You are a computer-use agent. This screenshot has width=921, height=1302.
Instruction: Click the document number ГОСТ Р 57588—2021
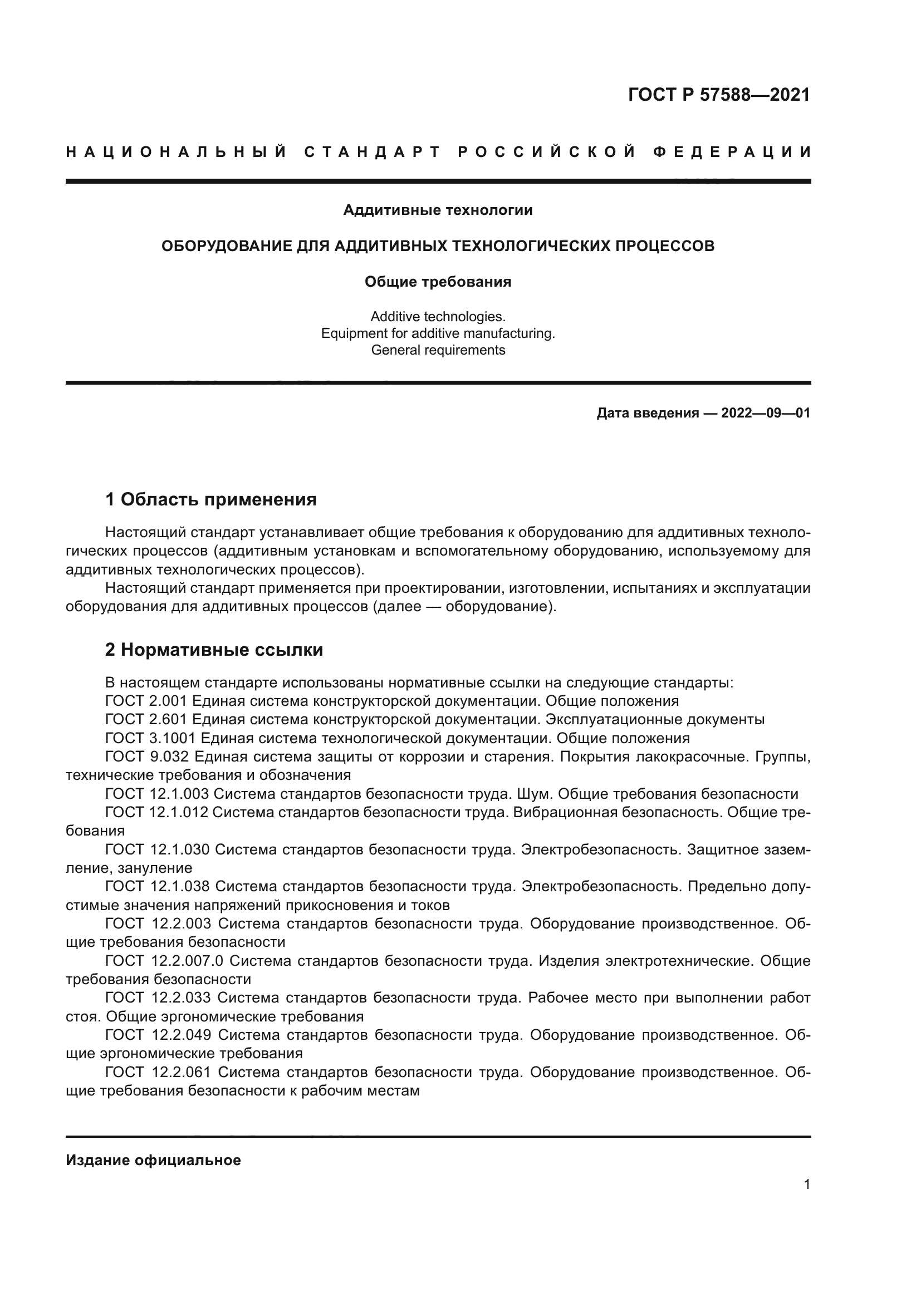718,95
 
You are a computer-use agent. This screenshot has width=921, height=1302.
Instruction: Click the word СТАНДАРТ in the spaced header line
372,152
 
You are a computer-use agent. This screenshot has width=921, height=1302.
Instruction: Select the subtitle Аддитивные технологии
438,210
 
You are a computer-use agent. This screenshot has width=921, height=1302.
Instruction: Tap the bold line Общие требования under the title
438,282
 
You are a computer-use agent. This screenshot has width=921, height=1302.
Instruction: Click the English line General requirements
438,350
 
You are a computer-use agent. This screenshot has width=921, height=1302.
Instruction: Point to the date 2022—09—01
766,413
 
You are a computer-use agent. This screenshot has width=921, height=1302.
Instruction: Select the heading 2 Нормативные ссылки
214,650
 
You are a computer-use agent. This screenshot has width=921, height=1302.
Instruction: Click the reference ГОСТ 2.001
146,701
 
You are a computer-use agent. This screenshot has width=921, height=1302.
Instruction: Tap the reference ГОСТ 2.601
146,720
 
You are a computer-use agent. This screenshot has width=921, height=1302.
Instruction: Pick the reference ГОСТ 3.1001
150,739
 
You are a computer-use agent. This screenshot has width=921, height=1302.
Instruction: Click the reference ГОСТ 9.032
146,758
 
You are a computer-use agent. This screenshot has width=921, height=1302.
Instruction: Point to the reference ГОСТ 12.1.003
157,794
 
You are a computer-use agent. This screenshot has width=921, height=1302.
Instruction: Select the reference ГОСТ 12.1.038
157,887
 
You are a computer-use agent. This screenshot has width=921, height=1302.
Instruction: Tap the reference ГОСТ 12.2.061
158,1072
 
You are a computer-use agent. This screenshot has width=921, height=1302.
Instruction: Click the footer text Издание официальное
153,1160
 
